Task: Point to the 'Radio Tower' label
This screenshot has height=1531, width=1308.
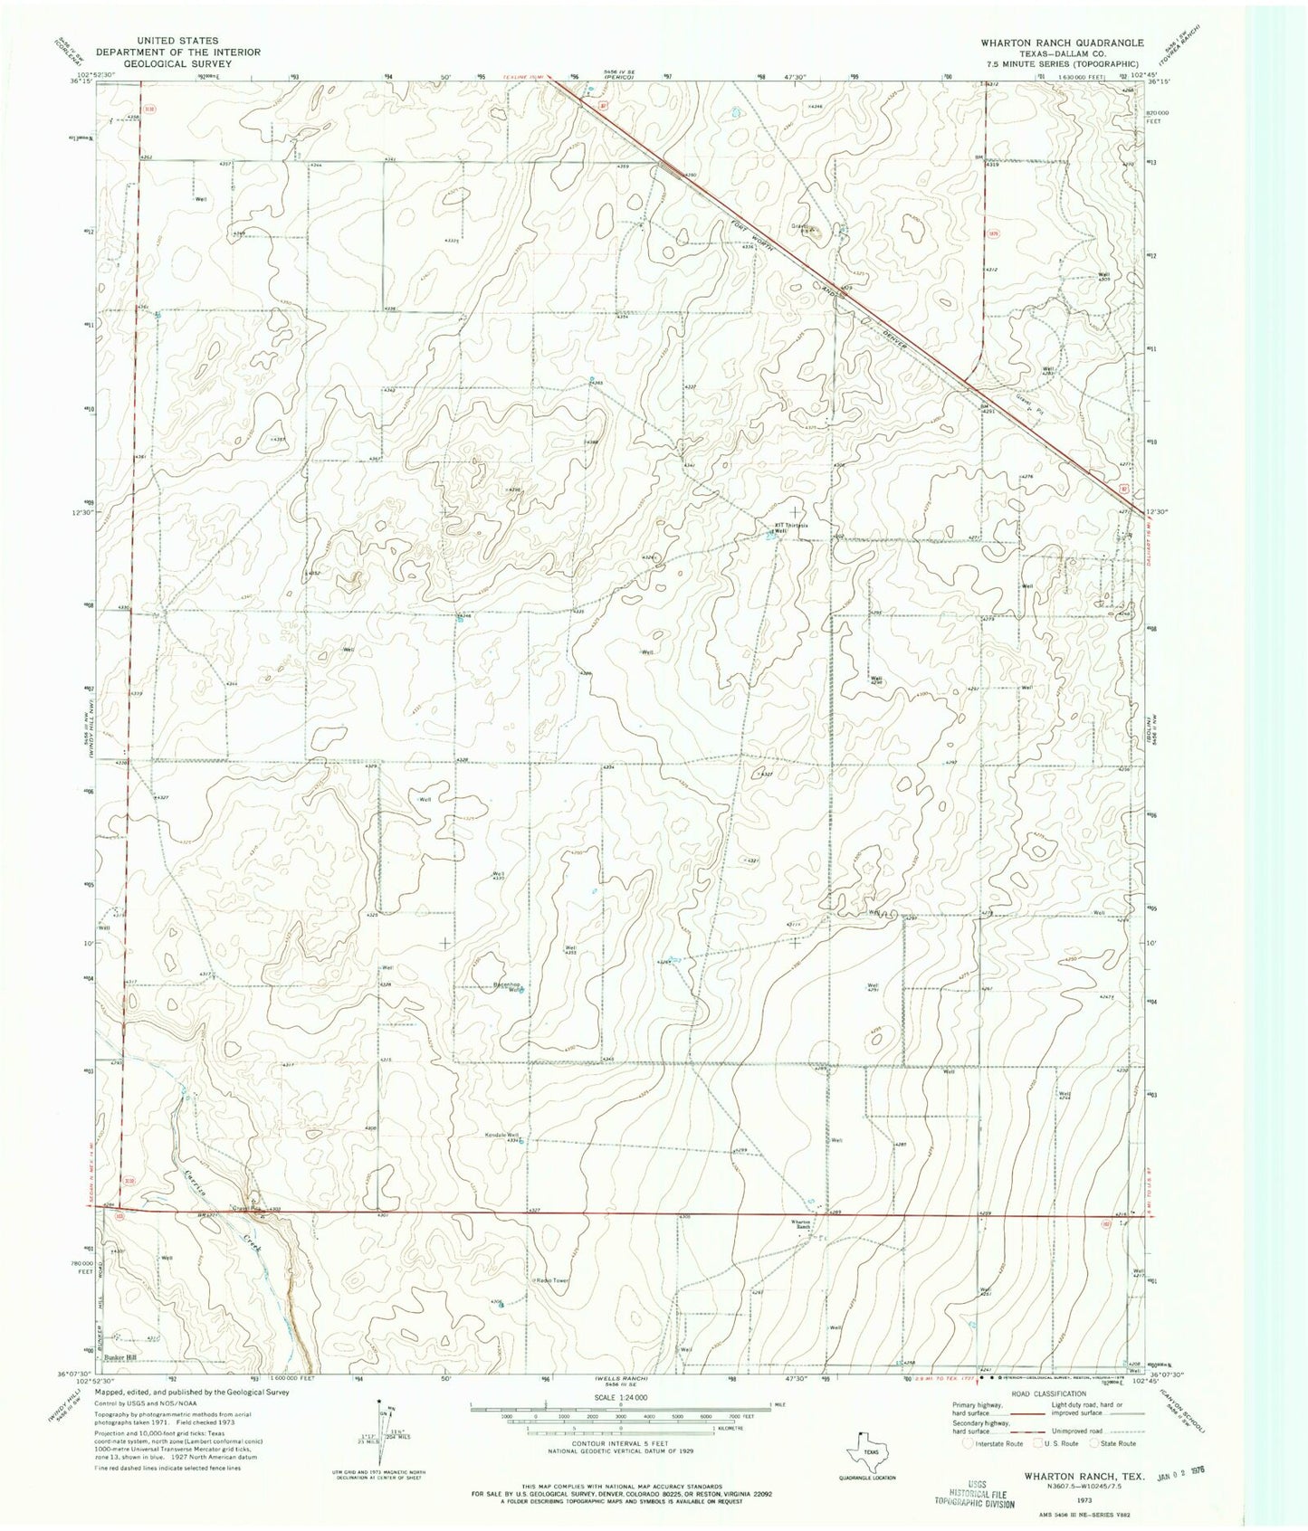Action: pyautogui.click(x=549, y=1279)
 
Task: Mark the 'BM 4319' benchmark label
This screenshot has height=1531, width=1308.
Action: pyautogui.click(x=989, y=161)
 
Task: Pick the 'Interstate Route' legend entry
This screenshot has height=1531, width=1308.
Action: pyautogui.click(x=993, y=1443)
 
